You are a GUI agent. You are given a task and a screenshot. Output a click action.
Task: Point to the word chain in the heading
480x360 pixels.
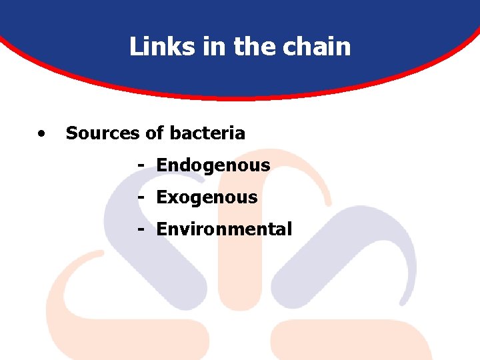[x=313, y=47]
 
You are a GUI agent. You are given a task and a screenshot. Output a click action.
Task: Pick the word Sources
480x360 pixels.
[x=103, y=133]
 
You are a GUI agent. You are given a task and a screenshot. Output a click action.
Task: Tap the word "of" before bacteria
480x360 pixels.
[x=155, y=133]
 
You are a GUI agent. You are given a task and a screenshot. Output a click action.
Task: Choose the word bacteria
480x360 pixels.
[x=207, y=133]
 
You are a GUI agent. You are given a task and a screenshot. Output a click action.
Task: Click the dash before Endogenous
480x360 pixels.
[x=141, y=165]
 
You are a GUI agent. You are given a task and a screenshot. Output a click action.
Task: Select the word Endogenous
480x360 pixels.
[x=213, y=165]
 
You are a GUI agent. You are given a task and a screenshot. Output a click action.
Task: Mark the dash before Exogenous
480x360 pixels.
[x=141, y=197]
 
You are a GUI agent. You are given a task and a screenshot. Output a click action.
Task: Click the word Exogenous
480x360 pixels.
[x=207, y=197]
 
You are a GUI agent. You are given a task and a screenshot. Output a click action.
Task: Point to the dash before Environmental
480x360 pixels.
[x=141, y=229]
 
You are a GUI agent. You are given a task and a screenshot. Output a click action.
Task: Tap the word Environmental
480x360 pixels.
[x=224, y=229]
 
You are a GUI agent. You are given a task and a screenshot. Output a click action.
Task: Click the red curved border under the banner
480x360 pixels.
[x=240, y=97]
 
